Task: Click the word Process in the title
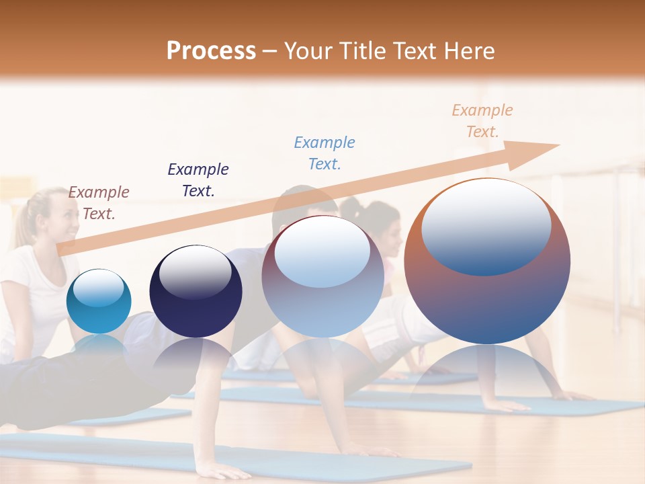pos(211,51)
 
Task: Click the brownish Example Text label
pos(99,202)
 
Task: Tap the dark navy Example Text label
pos(198,179)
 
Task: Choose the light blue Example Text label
pos(325,153)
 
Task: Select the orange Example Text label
pos(482,120)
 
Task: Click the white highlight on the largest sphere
pos(486,225)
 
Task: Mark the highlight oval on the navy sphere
pos(195,272)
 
